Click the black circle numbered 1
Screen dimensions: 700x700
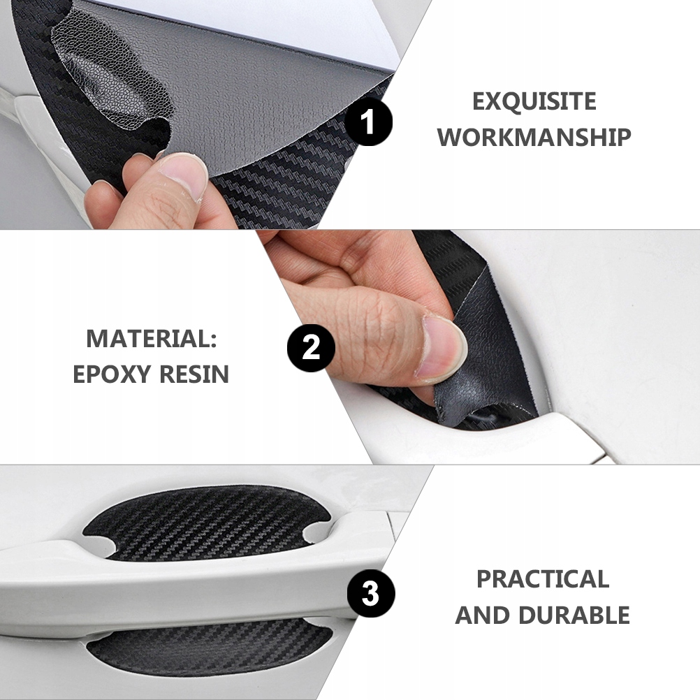click(x=368, y=122)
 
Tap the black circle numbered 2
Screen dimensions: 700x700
click(x=311, y=348)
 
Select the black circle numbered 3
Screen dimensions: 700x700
click(x=371, y=594)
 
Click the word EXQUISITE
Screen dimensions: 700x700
click(x=534, y=101)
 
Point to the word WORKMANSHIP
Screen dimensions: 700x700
click(x=534, y=137)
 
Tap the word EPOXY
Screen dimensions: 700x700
click(x=111, y=374)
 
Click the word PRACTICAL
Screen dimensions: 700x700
click(x=543, y=579)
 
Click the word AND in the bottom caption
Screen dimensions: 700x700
click(x=483, y=615)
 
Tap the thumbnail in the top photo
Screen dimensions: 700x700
click(x=184, y=175)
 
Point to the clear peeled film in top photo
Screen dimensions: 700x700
click(x=112, y=76)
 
